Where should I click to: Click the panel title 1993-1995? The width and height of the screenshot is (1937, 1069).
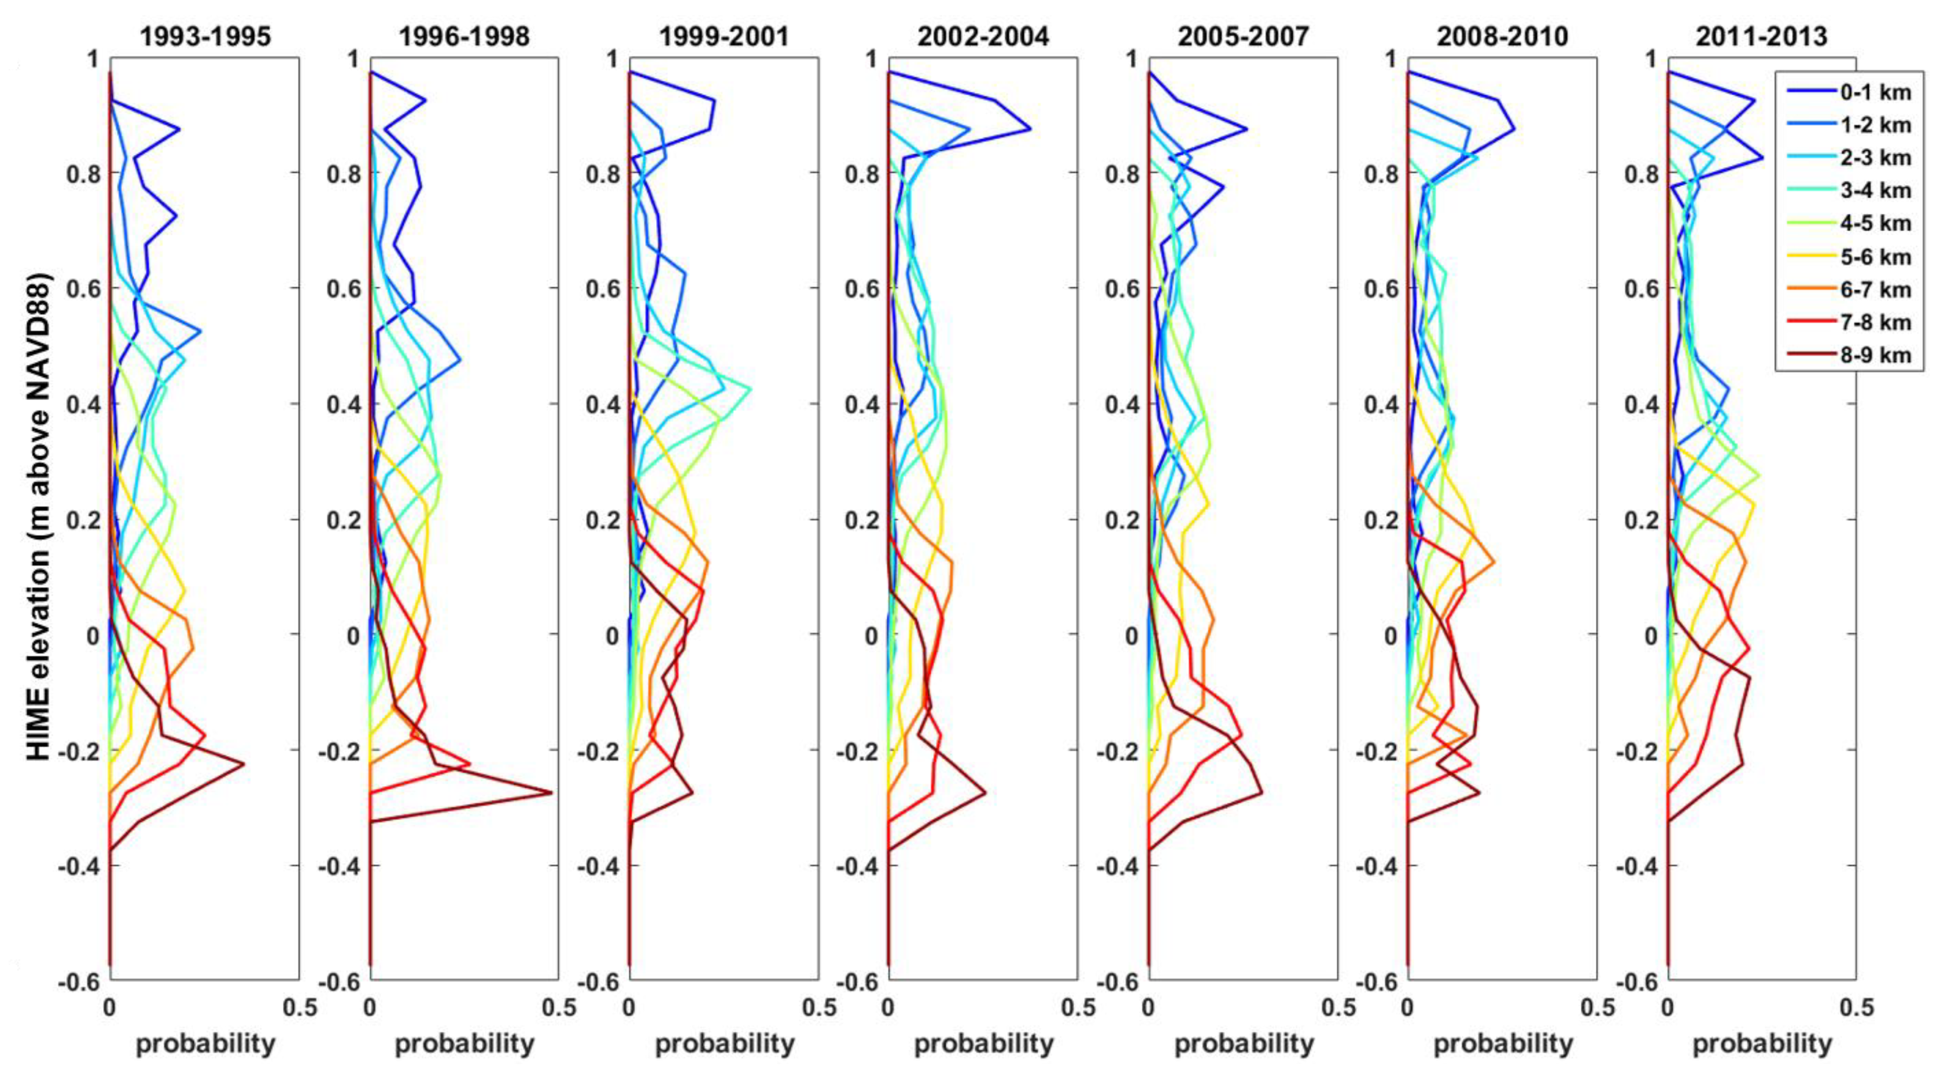[205, 36]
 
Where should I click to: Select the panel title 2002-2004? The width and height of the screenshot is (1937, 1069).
[982, 36]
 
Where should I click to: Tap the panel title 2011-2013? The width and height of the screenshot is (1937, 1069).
[1761, 36]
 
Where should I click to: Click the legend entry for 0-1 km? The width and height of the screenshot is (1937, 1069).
[1875, 93]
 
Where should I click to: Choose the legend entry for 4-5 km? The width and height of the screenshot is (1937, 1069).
[1875, 223]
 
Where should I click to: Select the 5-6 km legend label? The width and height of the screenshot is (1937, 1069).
[1875, 257]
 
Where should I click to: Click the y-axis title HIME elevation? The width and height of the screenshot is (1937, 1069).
[39, 519]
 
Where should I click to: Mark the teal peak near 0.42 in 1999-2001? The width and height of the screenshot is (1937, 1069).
[750, 388]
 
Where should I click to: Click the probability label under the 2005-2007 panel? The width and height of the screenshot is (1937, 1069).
[1243, 1044]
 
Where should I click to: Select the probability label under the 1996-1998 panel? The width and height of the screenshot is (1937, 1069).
[464, 1044]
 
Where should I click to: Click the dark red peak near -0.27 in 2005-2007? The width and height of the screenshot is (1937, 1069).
[1261, 792]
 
